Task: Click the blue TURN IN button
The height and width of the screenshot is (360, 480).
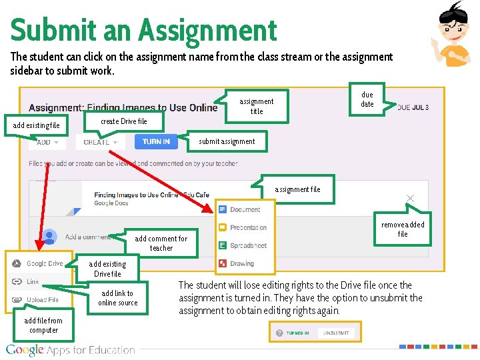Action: [156, 141]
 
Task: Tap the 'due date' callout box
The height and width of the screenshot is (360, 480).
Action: [367, 99]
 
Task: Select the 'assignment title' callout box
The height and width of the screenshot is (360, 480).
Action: [257, 107]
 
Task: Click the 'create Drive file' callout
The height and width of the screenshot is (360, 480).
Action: [124, 121]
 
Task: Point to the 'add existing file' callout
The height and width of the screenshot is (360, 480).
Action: [37, 125]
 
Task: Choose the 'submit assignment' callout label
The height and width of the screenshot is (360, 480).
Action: [227, 141]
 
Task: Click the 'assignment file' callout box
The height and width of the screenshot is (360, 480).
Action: [297, 189]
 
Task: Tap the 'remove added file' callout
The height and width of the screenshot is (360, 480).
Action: [403, 229]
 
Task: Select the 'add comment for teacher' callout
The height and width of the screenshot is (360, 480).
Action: [161, 243]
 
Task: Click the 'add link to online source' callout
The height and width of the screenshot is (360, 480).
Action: [117, 298]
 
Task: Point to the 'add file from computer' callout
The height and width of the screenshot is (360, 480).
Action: [43, 325]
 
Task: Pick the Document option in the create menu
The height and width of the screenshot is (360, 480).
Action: [245, 209]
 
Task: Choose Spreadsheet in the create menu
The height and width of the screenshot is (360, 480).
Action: [247, 245]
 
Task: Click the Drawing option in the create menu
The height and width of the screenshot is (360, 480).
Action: [242, 263]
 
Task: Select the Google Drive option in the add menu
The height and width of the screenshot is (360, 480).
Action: [44, 264]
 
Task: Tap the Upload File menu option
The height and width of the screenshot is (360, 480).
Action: [42, 300]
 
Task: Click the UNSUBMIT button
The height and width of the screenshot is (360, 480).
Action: [337, 333]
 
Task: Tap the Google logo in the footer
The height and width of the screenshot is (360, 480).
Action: [26, 350]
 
